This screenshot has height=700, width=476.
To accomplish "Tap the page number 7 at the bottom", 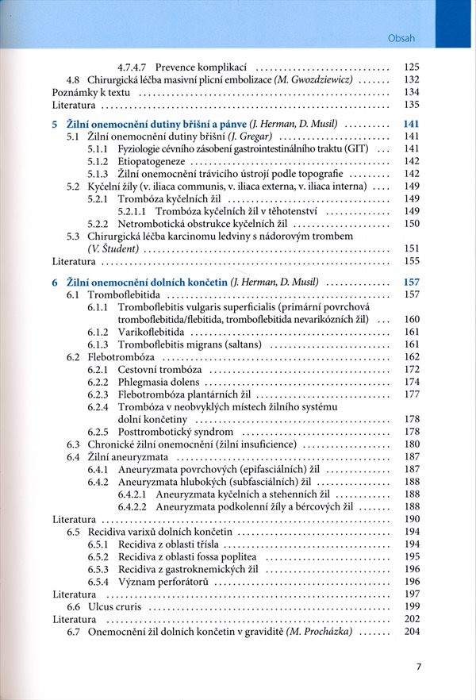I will click(419, 667).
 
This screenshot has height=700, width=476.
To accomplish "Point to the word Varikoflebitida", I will click(152, 331).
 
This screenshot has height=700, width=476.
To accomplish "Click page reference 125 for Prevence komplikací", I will click(411, 67).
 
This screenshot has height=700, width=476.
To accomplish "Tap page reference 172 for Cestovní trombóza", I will click(411, 369).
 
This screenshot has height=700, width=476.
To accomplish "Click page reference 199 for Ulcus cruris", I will click(411, 606).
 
